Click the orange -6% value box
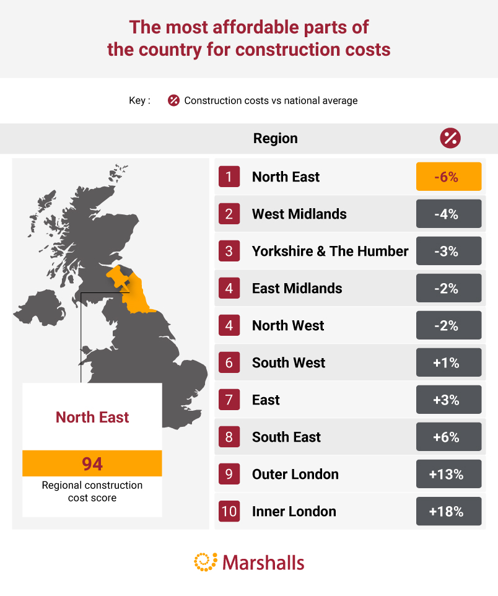[448, 177]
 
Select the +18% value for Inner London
[448, 511]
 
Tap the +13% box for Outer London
[448, 474]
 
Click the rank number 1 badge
[229, 177]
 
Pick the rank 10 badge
[229, 511]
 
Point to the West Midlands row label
[299, 214]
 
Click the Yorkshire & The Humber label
[330, 251]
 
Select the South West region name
[289, 362]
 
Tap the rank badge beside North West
[229, 325]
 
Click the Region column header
[275, 138]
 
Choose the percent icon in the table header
[450, 138]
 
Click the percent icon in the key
[173, 100]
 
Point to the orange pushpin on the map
[118, 278]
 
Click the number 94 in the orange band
[92, 463]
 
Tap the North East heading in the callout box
[92, 417]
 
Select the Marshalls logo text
[263, 563]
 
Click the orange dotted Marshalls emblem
[206, 562]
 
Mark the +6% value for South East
[448, 437]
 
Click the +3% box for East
[448, 400]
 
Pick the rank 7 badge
[229, 400]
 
